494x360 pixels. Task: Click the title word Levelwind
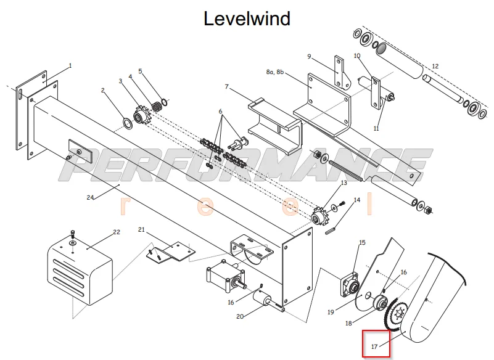[x=247, y=18]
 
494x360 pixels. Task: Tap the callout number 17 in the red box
[x=374, y=346]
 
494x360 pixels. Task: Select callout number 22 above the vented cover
[x=117, y=232]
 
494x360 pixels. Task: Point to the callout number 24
[x=91, y=197]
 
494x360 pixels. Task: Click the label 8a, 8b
[x=274, y=72]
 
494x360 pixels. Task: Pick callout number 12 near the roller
[x=435, y=66]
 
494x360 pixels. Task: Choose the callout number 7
[x=226, y=86]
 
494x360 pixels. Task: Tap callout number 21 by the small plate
[x=141, y=229]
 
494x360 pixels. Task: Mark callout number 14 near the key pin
[x=357, y=200]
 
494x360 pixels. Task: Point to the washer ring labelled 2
[x=127, y=123]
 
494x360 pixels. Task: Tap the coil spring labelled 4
[x=157, y=106]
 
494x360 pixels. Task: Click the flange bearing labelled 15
[x=350, y=284]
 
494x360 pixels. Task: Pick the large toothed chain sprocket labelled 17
[x=395, y=316]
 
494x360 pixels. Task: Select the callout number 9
[x=309, y=56]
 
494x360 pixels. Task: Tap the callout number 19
[x=331, y=312]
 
